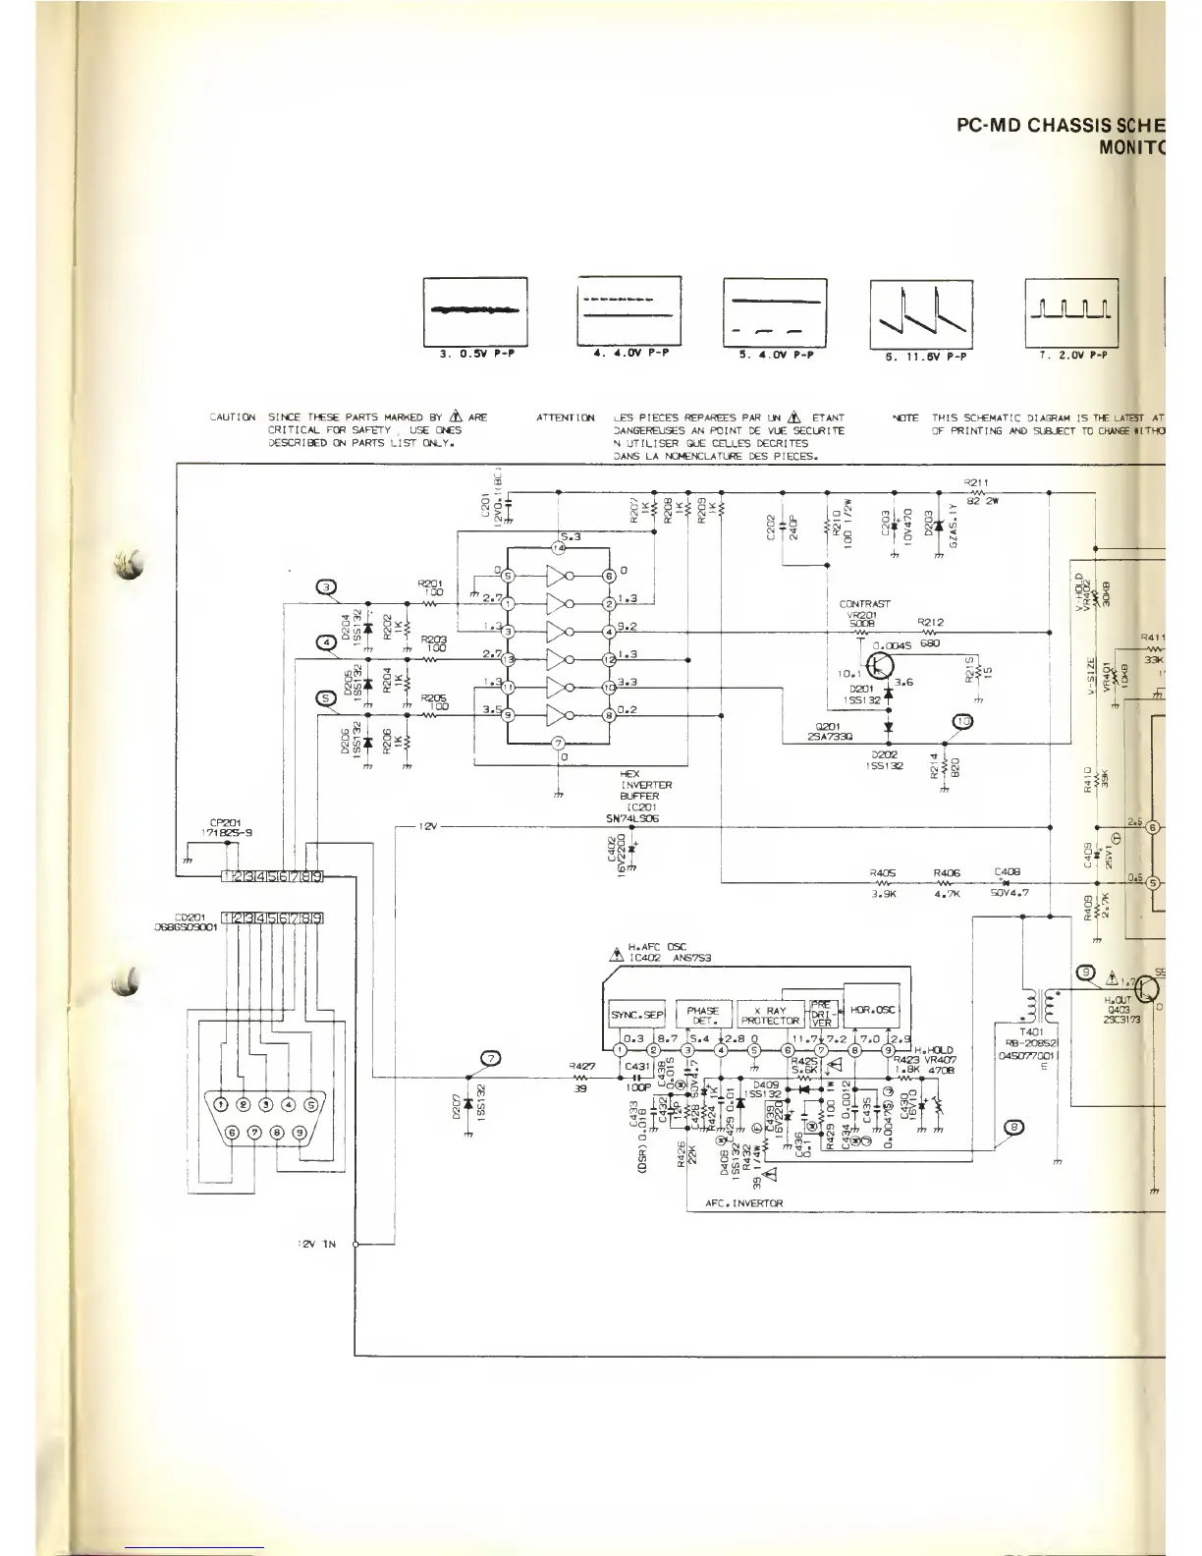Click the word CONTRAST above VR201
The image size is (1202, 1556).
pyautogui.click(x=865, y=604)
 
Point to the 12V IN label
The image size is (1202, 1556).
pyautogui.click(x=316, y=1244)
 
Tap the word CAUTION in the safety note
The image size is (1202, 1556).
pyautogui.click(x=233, y=417)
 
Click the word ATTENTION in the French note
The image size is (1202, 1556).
pyautogui.click(x=566, y=417)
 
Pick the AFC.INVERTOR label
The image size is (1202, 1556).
pyautogui.click(x=743, y=1204)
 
